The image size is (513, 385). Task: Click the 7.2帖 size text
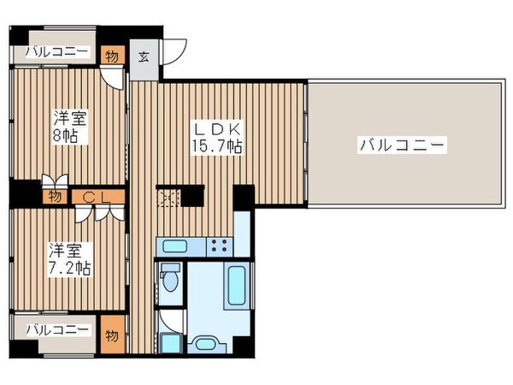click(68, 267)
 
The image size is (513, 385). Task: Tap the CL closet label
click(94, 196)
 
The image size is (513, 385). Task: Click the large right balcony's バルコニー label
click(401, 145)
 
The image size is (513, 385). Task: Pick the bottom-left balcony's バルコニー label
click(56, 329)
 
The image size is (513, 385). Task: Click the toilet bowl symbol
click(170, 279)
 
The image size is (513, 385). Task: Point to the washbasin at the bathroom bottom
click(169, 344)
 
